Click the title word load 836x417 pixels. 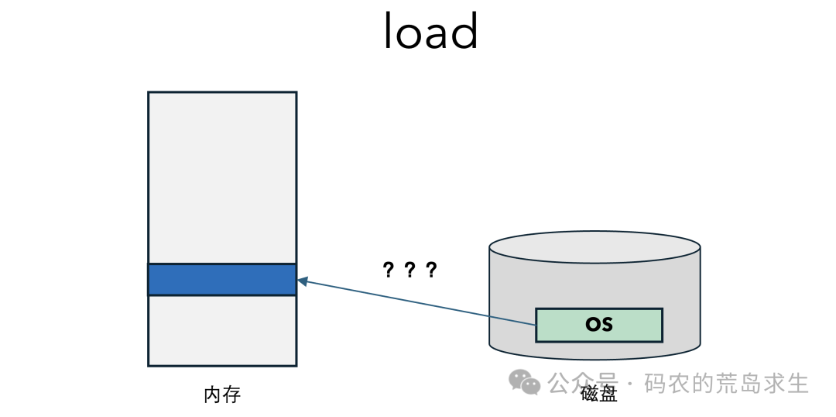(431, 32)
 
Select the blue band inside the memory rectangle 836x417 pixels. (222, 279)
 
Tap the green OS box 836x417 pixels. (598, 325)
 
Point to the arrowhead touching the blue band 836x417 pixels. (303, 281)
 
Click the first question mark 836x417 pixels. (388, 271)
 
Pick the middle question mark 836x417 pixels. (409, 271)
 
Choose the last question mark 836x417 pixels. (431, 271)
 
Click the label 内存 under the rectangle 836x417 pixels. (222, 395)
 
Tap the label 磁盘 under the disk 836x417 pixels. (598, 395)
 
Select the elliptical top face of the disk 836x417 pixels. (594, 246)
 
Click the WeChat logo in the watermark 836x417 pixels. (524, 382)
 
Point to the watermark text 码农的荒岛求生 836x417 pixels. (727, 383)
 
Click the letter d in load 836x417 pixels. (465, 32)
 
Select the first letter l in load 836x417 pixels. (388, 32)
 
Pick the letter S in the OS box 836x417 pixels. (607, 325)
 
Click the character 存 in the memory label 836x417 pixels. (232, 395)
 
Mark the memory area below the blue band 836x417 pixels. (222, 330)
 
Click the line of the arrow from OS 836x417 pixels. (416, 303)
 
